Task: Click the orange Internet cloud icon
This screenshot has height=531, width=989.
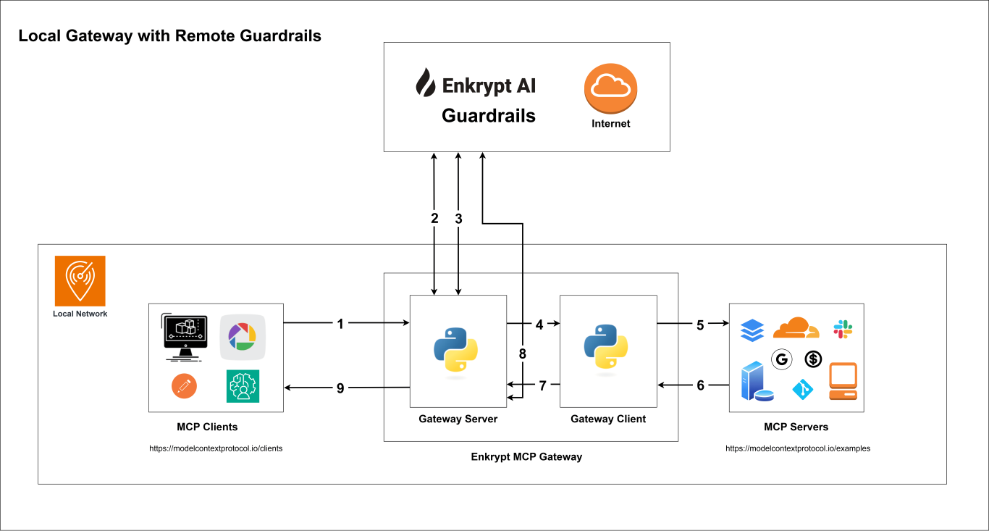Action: [x=610, y=88]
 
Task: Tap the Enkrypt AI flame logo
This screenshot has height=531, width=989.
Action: [x=425, y=83]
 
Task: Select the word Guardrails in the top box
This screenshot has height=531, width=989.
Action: [x=489, y=115]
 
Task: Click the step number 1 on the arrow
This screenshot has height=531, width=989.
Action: [x=340, y=324]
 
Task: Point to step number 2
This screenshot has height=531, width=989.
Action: [x=434, y=218]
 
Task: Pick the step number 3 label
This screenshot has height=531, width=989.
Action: [x=458, y=218]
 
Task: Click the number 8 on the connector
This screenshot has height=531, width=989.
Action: [x=522, y=354]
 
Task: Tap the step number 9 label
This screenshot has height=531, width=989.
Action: [x=340, y=388]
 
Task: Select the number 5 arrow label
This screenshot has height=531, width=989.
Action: [x=700, y=325]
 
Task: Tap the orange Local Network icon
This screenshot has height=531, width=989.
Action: [x=80, y=280]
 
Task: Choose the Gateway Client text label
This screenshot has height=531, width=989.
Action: [x=608, y=419]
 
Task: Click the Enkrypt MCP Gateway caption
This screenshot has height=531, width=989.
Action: [x=526, y=457]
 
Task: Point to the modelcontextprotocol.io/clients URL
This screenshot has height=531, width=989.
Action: [x=216, y=448]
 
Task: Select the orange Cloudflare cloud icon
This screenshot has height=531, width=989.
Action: [x=795, y=328]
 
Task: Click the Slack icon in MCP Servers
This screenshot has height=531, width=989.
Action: [x=843, y=329]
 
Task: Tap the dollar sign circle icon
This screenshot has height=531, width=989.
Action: [x=814, y=359]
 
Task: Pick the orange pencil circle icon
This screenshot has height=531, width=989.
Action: [x=184, y=386]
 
